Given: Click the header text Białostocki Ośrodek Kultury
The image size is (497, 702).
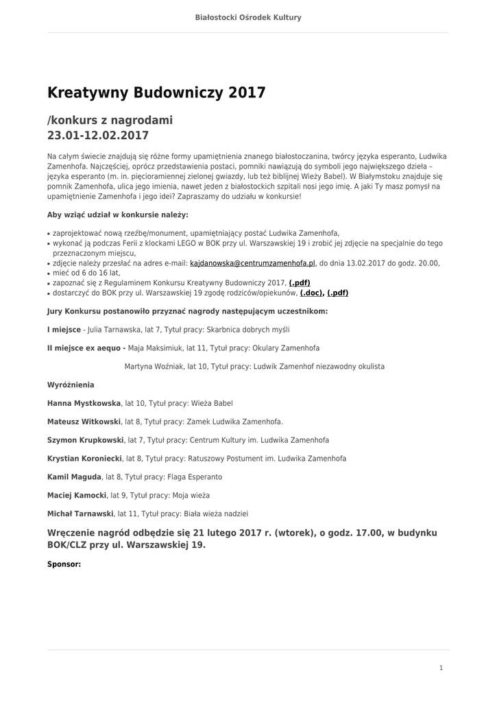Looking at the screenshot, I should pyautogui.click(x=248, y=17).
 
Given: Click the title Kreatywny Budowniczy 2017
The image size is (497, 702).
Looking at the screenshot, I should pyautogui.click(x=156, y=93).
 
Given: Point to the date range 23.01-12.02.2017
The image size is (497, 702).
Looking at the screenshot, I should pyautogui.click(x=98, y=136).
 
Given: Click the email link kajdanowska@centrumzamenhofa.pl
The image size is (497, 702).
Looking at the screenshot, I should pyautogui.click(x=252, y=263).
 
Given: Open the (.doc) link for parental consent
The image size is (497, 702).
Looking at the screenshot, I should pyautogui.click(x=312, y=293).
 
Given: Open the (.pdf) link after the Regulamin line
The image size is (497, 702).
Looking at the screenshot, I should pyautogui.click(x=300, y=282).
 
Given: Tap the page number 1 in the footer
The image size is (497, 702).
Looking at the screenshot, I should pyautogui.click(x=441, y=667).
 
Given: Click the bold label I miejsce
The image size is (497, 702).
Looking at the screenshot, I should pyautogui.click(x=64, y=329).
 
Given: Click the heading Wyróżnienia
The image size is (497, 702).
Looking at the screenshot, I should pyautogui.click(x=71, y=385).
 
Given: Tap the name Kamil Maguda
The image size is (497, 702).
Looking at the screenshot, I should pyautogui.click(x=74, y=476).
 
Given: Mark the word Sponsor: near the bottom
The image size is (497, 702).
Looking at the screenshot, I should pyautogui.click(x=64, y=564).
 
